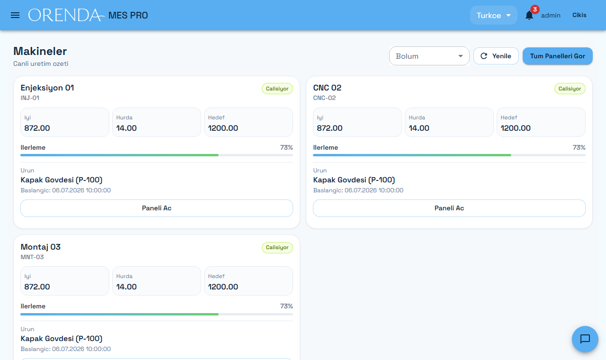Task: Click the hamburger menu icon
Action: (15, 15)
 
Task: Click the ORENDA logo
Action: (66, 15)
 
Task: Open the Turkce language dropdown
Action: (493, 16)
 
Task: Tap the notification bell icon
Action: (529, 16)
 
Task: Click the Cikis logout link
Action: (579, 15)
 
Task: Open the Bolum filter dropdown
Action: (429, 56)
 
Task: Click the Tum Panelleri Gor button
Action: (557, 56)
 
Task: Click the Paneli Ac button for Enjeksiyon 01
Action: (157, 208)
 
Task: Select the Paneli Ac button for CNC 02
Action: (449, 208)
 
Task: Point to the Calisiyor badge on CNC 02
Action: (570, 89)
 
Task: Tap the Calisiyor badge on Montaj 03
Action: (277, 247)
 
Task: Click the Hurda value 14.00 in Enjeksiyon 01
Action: (126, 128)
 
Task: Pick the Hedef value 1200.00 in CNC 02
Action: (516, 128)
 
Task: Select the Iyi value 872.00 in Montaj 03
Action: (37, 287)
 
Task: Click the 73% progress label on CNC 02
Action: (579, 147)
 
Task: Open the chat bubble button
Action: (585, 339)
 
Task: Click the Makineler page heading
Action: (40, 51)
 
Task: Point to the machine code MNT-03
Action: (32, 257)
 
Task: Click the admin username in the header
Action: (551, 16)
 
